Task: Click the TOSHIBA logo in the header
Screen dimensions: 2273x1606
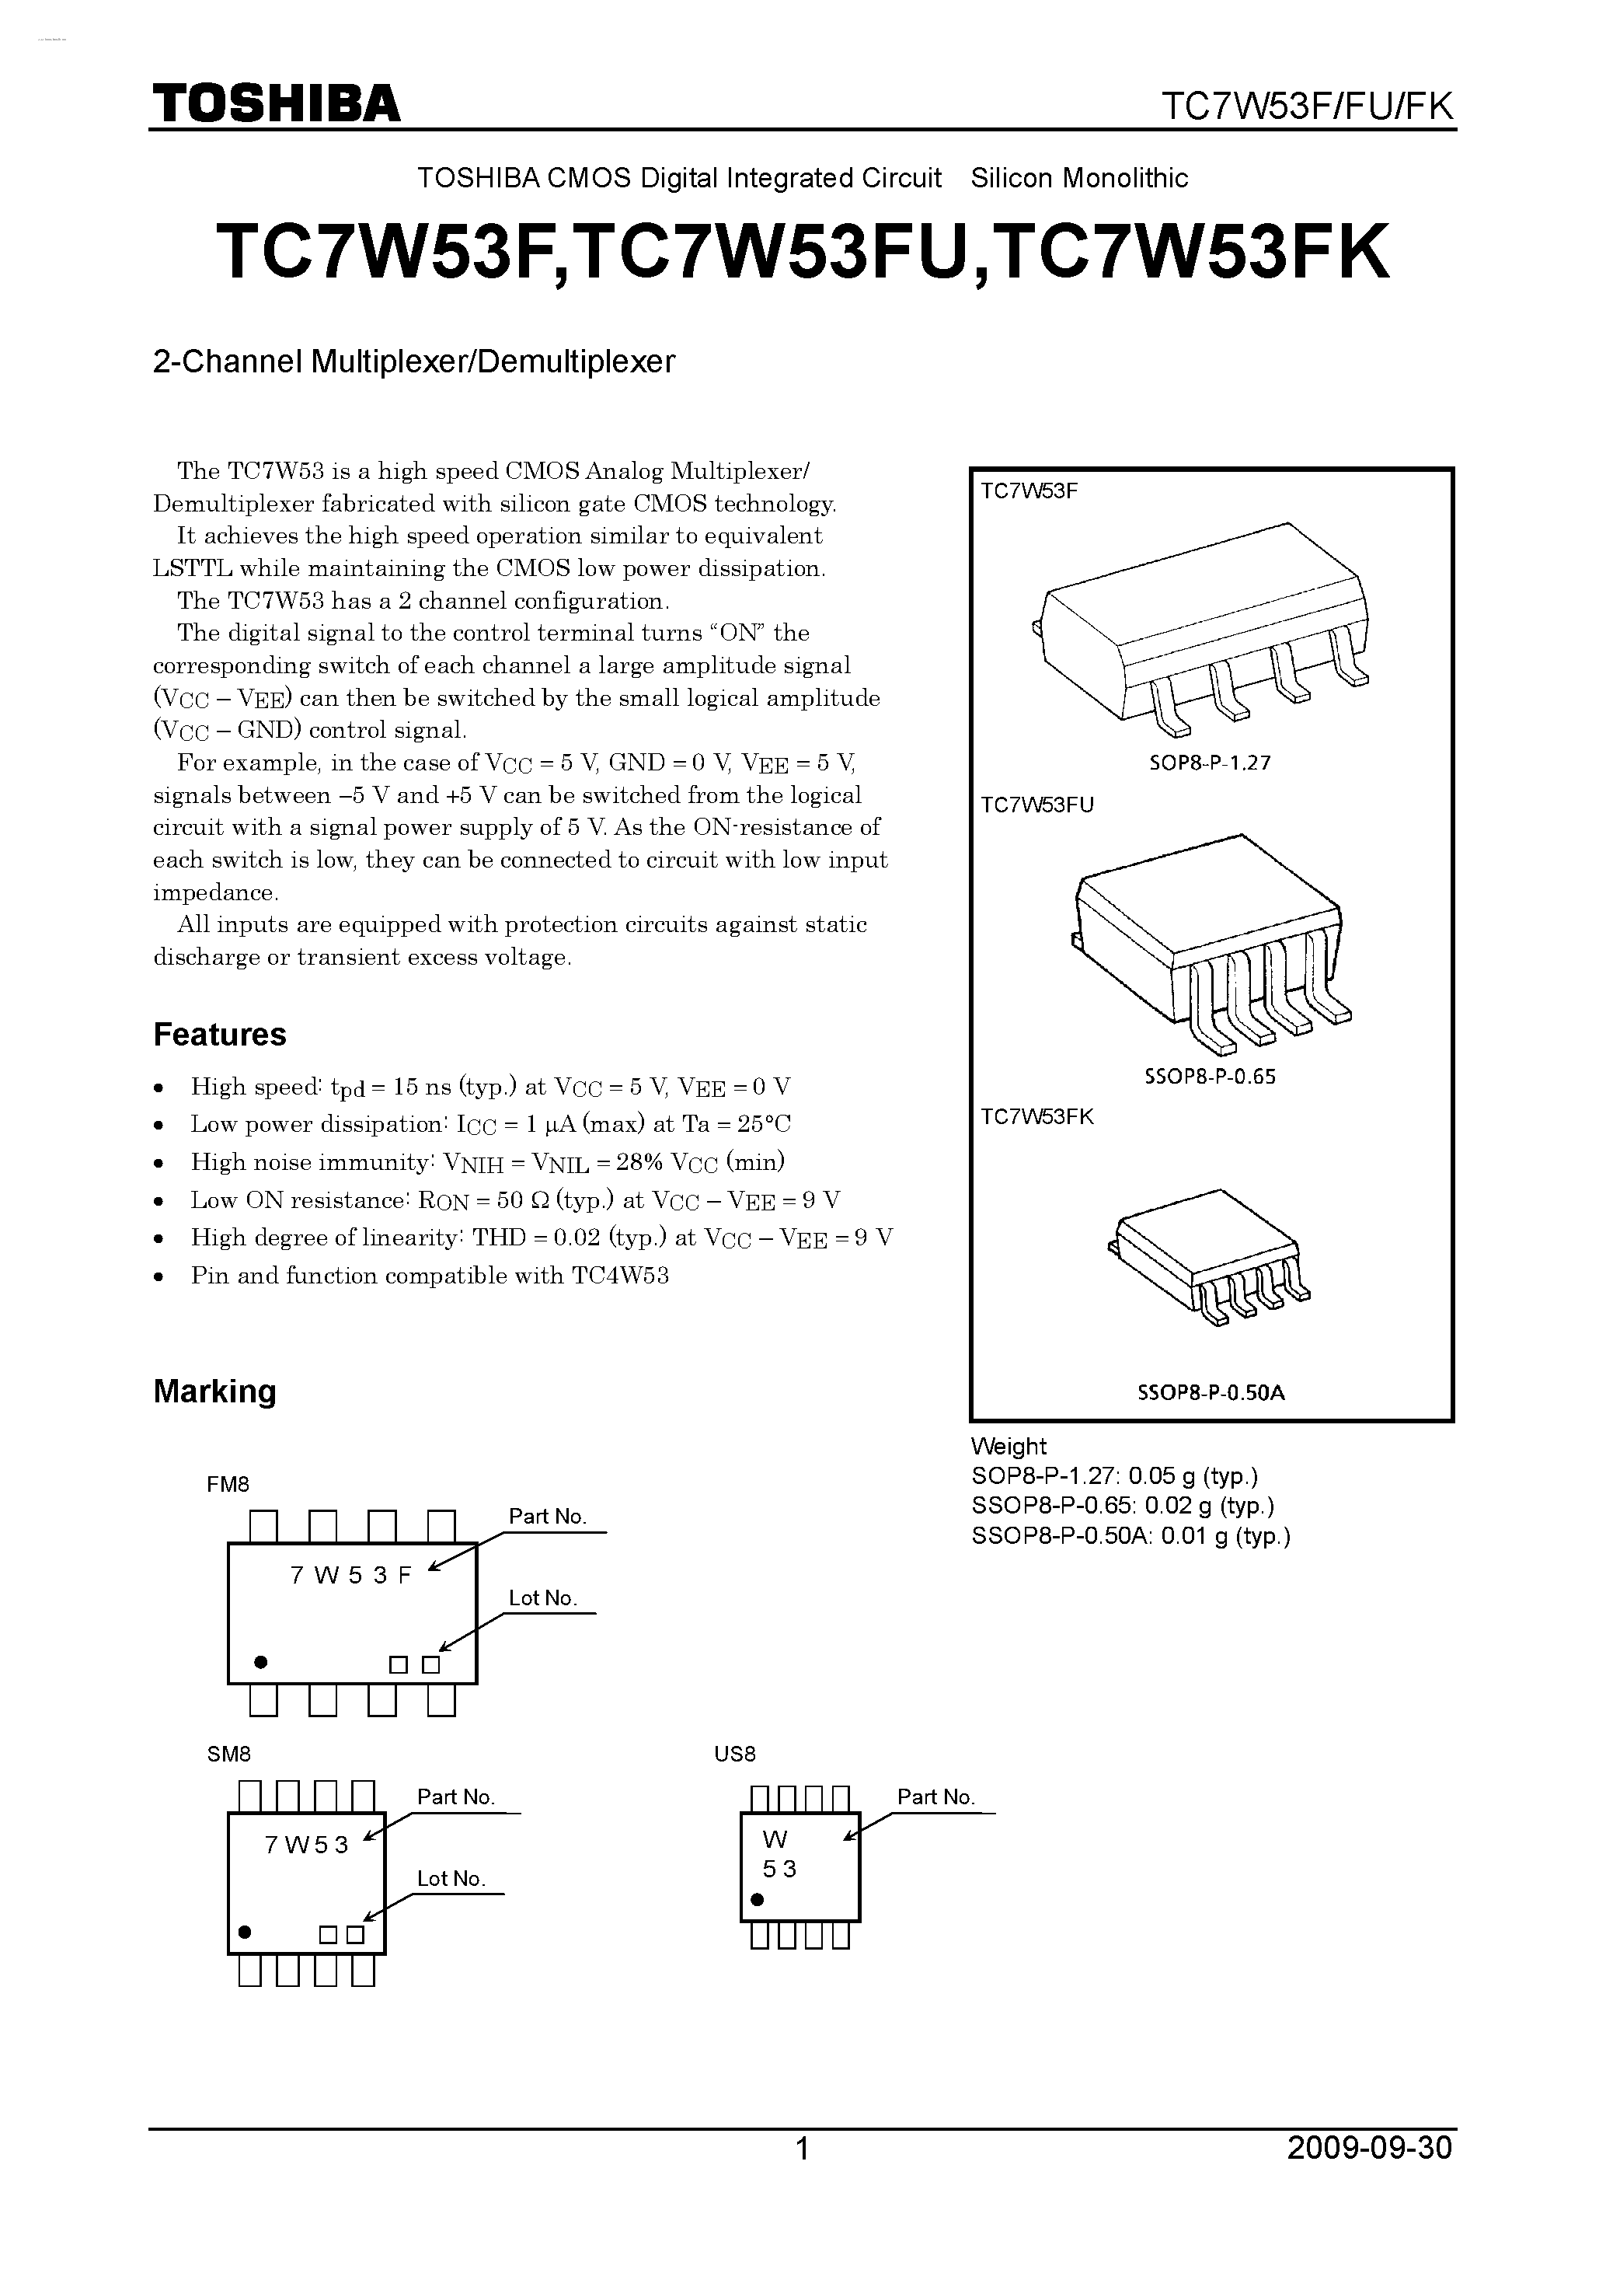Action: click(276, 103)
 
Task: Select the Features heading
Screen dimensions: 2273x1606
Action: click(220, 1035)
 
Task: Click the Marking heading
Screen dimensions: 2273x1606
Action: click(214, 1391)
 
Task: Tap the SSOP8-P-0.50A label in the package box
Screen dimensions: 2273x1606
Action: click(1211, 1392)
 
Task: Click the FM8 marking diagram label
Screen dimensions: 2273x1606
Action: click(228, 1484)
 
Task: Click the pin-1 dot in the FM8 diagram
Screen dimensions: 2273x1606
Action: click(261, 1661)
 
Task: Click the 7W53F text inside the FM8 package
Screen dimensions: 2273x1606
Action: click(350, 1576)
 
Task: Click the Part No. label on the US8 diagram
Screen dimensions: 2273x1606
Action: click(936, 1796)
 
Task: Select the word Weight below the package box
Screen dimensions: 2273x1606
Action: click(1009, 1447)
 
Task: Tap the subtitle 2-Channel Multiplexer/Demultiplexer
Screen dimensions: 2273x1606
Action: click(413, 361)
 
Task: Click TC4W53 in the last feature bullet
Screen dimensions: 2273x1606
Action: click(621, 1276)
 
